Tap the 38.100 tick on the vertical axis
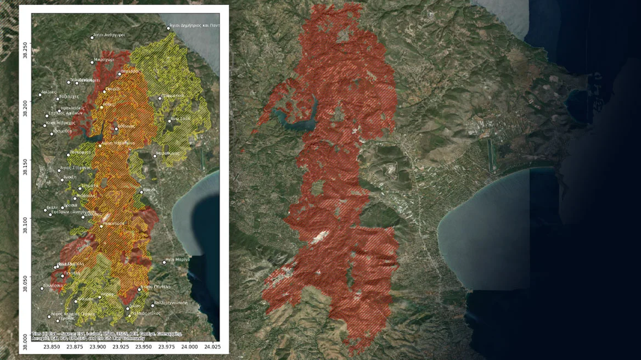(x=25, y=219)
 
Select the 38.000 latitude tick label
(x=25, y=336)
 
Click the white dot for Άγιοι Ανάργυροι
(x=92, y=38)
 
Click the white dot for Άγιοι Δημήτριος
(x=168, y=28)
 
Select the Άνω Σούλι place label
(x=180, y=119)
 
